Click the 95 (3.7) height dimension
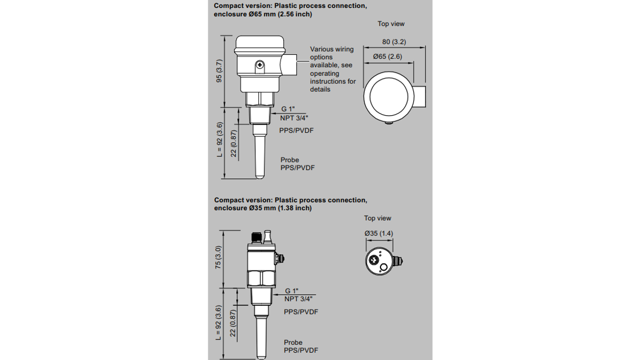click(219, 71)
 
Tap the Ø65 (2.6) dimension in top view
click(387, 56)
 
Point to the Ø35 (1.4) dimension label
click(378, 233)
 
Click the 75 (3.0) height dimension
click(219, 258)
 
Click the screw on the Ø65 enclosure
click(259, 65)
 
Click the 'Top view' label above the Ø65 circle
click(391, 24)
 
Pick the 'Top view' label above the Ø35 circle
click(377, 218)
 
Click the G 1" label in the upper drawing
click(288, 109)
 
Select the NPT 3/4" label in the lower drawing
click(298, 298)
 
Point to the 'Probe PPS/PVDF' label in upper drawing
click(297, 164)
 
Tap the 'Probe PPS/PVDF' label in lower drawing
click(301, 346)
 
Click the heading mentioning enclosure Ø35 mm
click(290, 204)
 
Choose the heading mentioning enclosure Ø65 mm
click(290, 10)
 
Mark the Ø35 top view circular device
click(379, 261)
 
